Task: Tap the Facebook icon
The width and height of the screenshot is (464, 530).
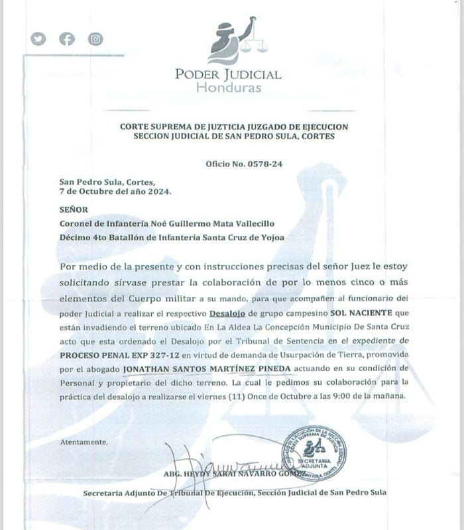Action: (x=67, y=38)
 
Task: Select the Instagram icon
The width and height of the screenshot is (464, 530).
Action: (x=96, y=38)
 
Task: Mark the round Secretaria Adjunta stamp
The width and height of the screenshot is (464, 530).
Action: (x=314, y=454)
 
